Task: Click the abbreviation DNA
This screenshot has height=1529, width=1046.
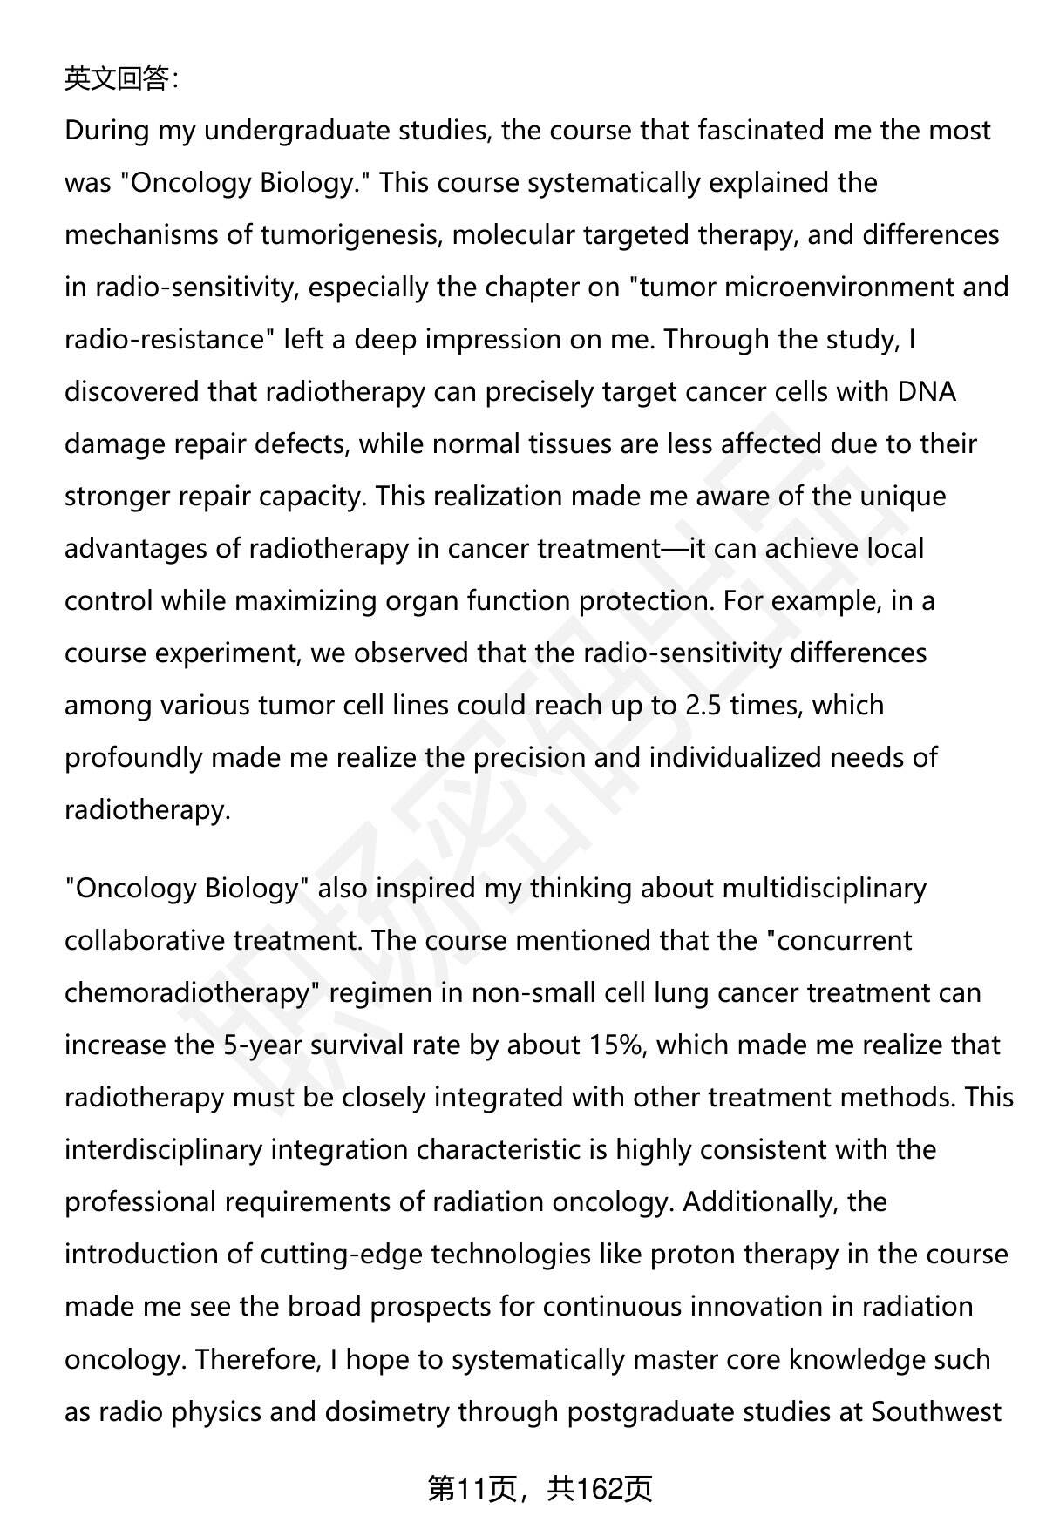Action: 927,392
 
